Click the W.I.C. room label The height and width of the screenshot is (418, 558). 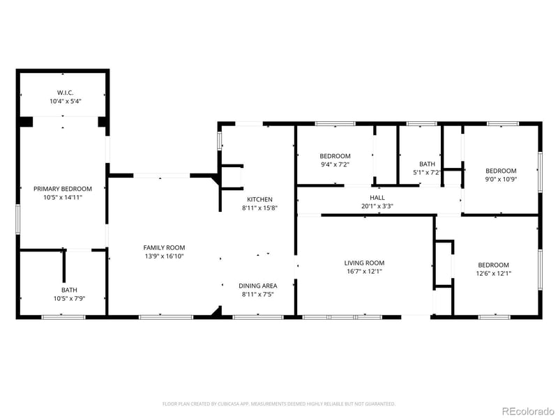[x=65, y=93]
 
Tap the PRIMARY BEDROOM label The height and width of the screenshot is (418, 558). [x=63, y=189]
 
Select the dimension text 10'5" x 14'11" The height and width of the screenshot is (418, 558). [x=63, y=197]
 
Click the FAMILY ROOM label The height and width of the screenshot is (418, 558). [x=164, y=247]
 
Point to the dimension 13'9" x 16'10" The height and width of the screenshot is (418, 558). [x=164, y=256]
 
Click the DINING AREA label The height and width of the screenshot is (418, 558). [x=258, y=286]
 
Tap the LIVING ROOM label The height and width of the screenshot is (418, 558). [x=364, y=263]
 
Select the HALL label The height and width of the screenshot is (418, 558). [x=377, y=198]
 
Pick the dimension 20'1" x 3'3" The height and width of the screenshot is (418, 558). [x=377, y=206]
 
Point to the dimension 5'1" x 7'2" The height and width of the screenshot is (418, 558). [x=427, y=172]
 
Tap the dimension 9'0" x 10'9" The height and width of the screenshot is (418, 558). [x=501, y=179]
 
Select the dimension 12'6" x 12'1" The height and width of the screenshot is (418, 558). [x=493, y=273]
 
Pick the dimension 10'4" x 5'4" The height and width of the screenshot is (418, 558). [x=65, y=101]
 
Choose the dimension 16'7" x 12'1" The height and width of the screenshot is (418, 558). [x=364, y=271]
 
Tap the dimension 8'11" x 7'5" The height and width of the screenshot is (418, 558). [x=258, y=294]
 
